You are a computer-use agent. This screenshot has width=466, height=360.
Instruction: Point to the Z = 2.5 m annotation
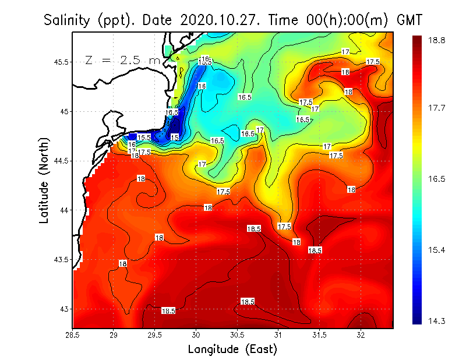(122, 60)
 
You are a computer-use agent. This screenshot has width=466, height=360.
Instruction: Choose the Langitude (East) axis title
(232, 349)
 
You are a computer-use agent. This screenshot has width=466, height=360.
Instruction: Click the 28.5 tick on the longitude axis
(73, 334)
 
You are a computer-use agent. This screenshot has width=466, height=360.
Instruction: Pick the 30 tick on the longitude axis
(196, 334)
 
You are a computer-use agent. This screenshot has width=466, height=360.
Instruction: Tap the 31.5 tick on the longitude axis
(320, 334)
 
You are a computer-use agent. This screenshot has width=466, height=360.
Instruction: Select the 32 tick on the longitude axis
(361, 334)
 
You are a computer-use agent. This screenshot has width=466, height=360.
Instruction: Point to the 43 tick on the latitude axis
(62, 309)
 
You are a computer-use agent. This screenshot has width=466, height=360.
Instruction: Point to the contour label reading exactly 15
(175, 137)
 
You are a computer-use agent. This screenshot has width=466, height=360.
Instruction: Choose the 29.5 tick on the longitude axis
(155, 334)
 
